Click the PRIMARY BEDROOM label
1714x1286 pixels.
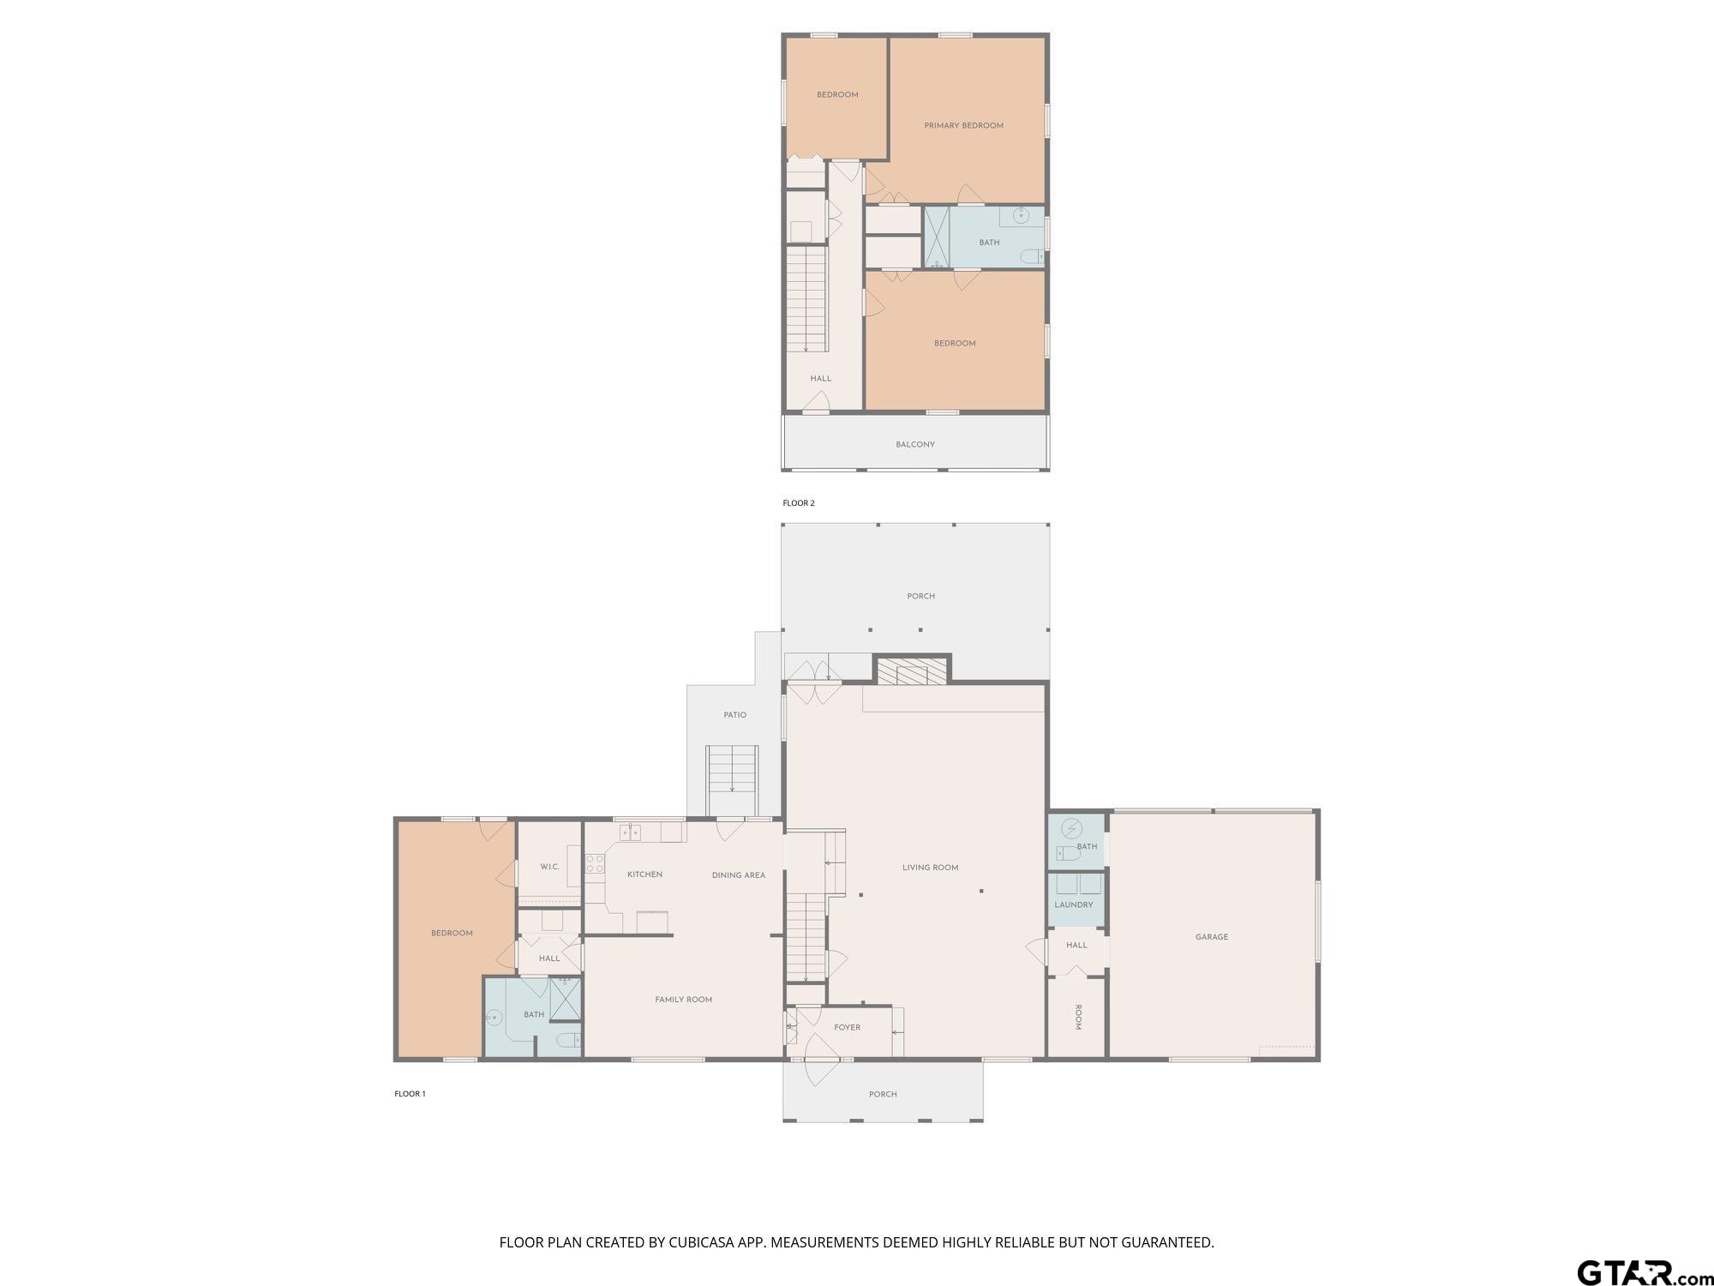963,125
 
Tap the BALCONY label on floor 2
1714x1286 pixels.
915,444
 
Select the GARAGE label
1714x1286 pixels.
1212,937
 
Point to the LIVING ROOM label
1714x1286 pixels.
930,868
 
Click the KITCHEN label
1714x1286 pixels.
644,874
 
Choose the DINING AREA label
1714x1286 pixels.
739,875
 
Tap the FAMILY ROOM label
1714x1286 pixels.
684,1000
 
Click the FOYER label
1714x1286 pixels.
848,1027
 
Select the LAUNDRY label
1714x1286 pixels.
1074,904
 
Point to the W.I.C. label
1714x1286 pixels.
549,867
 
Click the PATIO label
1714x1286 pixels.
735,715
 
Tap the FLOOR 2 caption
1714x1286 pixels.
799,503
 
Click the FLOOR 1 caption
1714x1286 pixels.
410,1094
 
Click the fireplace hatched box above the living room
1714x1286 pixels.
912,670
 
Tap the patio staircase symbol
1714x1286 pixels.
732,781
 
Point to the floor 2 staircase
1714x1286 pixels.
806,299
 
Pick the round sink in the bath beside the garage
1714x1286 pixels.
1071,829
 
